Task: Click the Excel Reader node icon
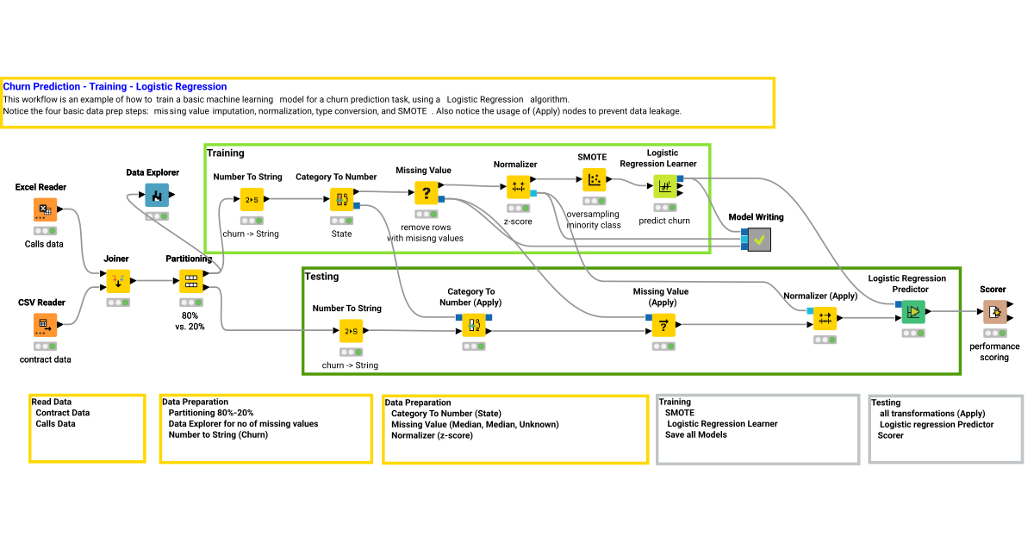tap(46, 210)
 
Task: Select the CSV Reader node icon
tap(46, 326)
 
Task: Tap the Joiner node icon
tap(118, 281)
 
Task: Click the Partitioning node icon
tap(190, 281)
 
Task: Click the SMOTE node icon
tap(594, 180)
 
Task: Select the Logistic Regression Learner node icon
tap(664, 186)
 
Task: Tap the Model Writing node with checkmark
tap(759, 240)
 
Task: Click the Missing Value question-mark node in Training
tap(426, 192)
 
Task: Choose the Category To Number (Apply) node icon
tap(474, 325)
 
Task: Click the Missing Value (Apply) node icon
tap(663, 325)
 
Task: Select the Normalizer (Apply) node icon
tap(825, 318)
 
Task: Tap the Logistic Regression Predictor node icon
tap(913, 312)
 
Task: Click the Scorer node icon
tap(994, 312)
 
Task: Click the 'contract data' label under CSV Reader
tap(46, 359)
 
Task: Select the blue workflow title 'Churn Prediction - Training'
tap(115, 86)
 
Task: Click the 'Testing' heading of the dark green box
tap(321, 277)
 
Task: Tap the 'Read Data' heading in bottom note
tap(52, 402)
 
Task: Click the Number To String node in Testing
tap(351, 331)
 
